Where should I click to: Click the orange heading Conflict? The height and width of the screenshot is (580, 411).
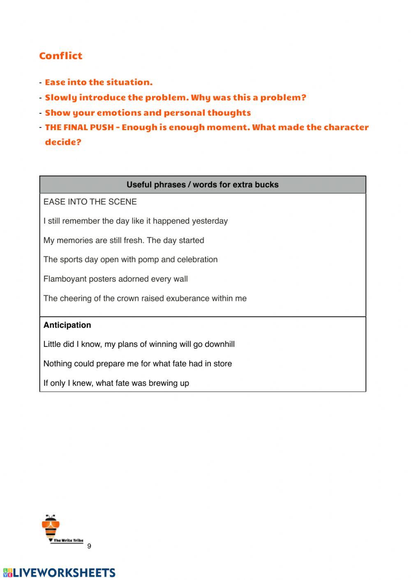[x=60, y=56]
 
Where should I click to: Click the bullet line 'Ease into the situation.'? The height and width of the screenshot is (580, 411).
[x=99, y=82]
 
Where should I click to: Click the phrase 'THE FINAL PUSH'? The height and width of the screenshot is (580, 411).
[x=79, y=127]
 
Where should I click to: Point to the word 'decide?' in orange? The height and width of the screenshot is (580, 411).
[x=63, y=142]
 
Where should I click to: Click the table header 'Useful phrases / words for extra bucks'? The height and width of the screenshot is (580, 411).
[x=202, y=185]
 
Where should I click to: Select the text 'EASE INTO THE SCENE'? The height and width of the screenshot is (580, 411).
[x=90, y=202]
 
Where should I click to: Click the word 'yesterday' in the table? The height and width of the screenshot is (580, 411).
[x=210, y=221]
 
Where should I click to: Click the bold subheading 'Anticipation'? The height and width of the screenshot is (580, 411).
[x=67, y=325]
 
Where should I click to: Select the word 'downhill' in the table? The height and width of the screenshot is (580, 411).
[x=219, y=344]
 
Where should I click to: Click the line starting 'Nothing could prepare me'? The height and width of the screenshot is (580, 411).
[x=137, y=364]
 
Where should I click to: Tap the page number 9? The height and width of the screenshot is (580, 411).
[x=89, y=546]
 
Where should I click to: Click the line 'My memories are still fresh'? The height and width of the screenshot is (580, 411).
[x=123, y=241]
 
